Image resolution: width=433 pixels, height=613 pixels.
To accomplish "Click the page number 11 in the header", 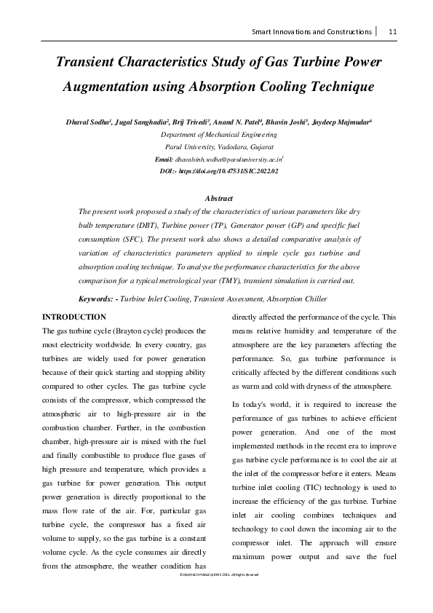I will click(x=392, y=31).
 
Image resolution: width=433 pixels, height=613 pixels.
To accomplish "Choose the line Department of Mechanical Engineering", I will click(x=218, y=135).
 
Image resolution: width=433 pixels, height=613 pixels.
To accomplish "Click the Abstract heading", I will click(x=219, y=198).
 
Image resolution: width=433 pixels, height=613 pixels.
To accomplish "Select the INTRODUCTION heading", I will click(x=75, y=317).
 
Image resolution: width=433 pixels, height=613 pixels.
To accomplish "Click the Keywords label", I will click(x=98, y=299).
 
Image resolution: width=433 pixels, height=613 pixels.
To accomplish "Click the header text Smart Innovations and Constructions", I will click(x=311, y=31).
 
